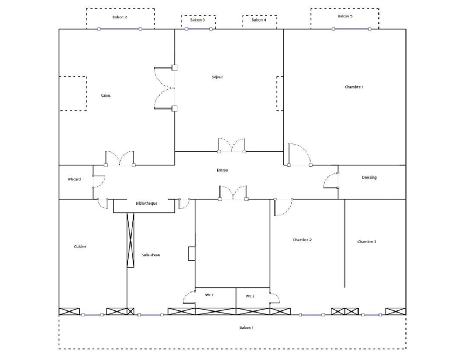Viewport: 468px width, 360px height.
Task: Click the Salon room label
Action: (x=105, y=96)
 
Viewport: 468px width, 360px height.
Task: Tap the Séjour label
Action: (x=217, y=77)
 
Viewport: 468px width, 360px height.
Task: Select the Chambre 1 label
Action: (x=354, y=87)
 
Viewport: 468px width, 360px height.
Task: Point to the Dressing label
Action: (x=369, y=178)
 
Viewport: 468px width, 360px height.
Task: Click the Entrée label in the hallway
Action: (x=222, y=171)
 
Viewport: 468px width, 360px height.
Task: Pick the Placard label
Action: (x=74, y=179)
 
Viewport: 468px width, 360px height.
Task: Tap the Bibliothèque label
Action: (x=146, y=203)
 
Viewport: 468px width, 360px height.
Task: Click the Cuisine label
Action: (x=80, y=247)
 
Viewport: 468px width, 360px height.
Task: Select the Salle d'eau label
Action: (x=151, y=255)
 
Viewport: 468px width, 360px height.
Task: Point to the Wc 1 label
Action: (x=209, y=295)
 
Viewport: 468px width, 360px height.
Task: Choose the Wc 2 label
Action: (x=250, y=296)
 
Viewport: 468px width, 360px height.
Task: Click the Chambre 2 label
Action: (x=302, y=240)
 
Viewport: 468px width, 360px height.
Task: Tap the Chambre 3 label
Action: (x=367, y=242)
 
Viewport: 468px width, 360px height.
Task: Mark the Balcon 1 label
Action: (x=246, y=328)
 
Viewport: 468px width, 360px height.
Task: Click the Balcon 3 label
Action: (x=197, y=20)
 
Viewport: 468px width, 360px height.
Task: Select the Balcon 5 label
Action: (x=345, y=16)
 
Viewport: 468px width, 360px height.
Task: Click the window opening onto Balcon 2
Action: (x=120, y=29)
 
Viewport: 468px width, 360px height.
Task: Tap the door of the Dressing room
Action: (x=331, y=180)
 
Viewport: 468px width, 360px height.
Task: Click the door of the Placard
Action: (x=99, y=181)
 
